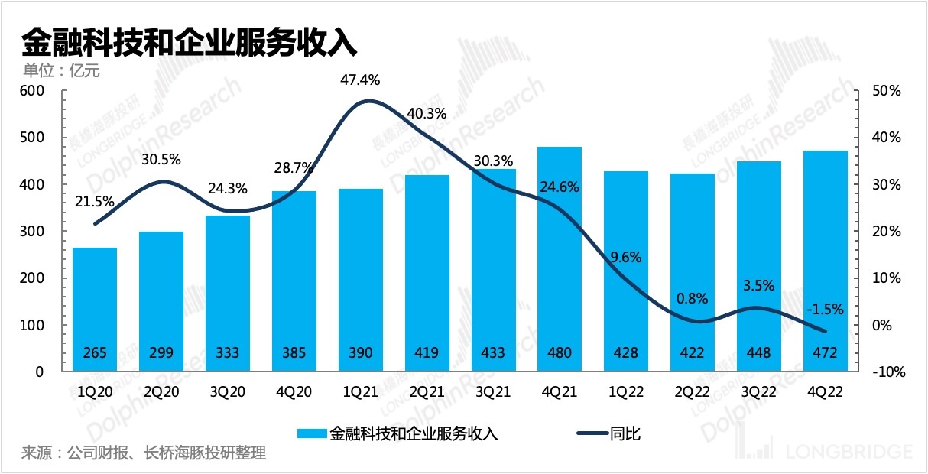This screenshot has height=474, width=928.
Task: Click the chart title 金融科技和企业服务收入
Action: (x=190, y=42)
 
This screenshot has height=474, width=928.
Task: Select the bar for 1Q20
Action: (x=95, y=306)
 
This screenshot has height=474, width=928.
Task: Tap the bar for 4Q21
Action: (x=560, y=260)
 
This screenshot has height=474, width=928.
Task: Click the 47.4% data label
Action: (x=359, y=80)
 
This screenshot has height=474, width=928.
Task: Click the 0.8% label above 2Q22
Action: (x=692, y=298)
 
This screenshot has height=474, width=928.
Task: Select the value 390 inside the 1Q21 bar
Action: (x=360, y=352)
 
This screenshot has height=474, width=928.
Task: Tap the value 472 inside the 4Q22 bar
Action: (x=825, y=352)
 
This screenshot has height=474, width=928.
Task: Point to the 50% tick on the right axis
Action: (x=887, y=91)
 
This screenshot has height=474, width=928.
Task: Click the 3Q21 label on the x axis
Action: (x=493, y=392)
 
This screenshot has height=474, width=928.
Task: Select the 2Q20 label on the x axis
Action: (x=161, y=392)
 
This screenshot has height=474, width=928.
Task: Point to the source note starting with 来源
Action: (x=144, y=453)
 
